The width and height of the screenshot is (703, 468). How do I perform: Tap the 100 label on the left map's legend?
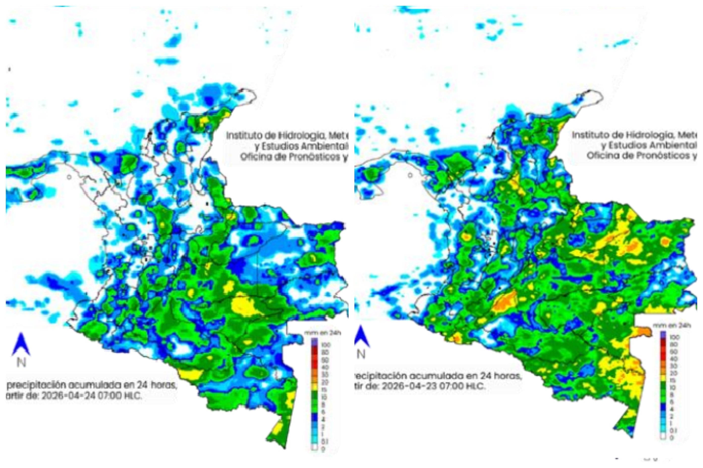[x=325, y=345]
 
